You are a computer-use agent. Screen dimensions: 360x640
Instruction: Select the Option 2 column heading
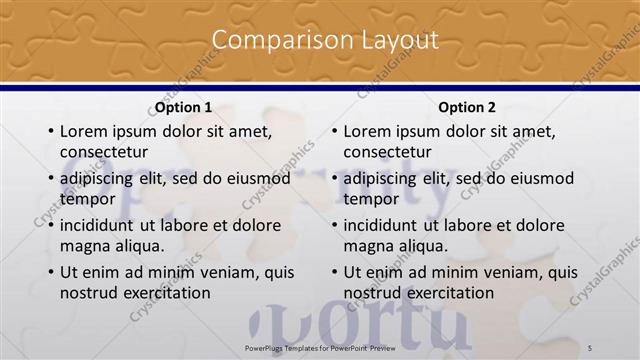(x=467, y=108)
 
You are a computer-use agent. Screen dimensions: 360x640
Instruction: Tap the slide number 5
(x=590, y=346)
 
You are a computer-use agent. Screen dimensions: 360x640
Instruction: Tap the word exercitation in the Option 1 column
(x=164, y=293)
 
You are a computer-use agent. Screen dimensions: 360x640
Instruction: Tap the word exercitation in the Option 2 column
(x=448, y=293)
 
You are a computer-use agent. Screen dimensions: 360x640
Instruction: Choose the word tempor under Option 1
(x=87, y=199)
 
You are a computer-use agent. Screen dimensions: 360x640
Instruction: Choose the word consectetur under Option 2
(x=388, y=152)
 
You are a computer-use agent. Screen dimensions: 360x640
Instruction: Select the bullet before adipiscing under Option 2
(x=334, y=179)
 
